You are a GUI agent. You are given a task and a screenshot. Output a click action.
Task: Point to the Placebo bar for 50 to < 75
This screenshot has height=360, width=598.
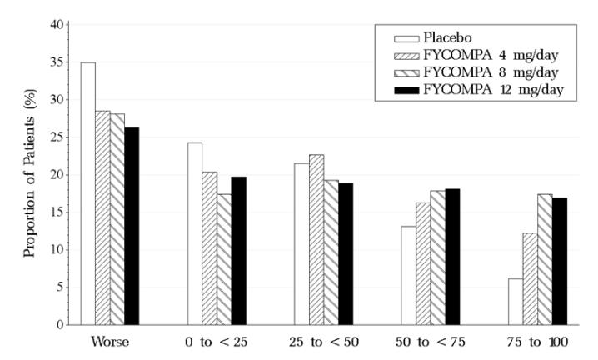pos(407,275)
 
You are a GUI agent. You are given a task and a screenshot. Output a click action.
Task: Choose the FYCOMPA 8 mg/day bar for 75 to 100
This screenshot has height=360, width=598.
pos(545,259)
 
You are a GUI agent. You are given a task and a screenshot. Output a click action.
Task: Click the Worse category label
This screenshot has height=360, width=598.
pos(110,342)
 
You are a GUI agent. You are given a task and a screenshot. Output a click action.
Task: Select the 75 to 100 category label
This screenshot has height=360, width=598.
pos(537,342)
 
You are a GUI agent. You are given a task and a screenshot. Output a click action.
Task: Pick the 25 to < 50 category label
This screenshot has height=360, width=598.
pos(323,342)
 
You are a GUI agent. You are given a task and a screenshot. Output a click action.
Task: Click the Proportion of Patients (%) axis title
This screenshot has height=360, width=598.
pos(30,175)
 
